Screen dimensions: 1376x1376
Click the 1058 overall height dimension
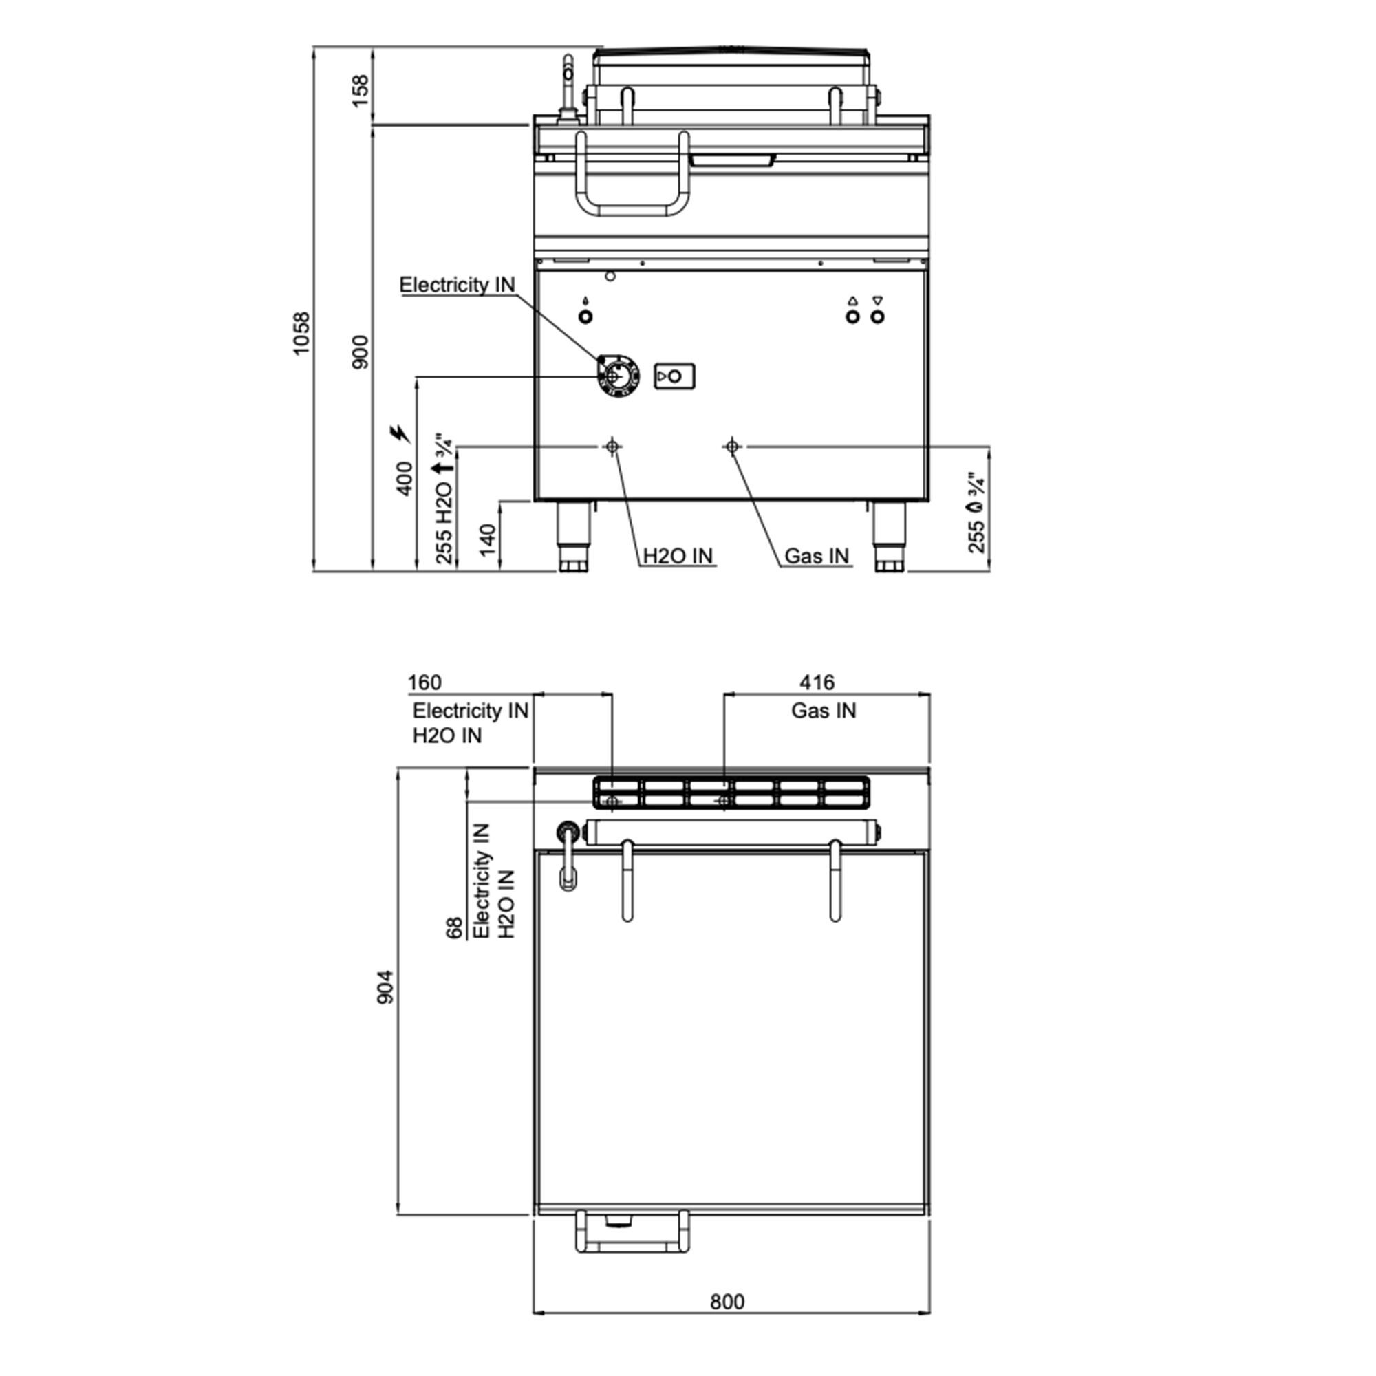[302, 332]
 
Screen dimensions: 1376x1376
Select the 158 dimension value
[361, 90]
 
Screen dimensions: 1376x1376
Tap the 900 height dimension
[361, 351]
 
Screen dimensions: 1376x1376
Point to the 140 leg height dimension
[487, 541]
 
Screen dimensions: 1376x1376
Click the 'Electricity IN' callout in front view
[457, 285]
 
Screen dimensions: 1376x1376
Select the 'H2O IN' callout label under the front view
[678, 556]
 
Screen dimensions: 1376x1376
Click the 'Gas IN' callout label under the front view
[817, 556]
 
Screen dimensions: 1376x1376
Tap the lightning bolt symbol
[400, 433]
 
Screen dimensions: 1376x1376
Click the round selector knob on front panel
[616, 376]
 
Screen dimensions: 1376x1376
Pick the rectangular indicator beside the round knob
[674, 376]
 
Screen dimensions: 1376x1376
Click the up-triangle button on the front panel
[852, 316]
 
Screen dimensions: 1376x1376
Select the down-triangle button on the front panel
[877, 316]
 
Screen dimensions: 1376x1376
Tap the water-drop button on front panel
[585, 316]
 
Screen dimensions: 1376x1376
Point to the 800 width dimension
[727, 1302]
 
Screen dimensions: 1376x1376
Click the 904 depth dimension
[385, 987]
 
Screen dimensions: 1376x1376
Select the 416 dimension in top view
[816, 682]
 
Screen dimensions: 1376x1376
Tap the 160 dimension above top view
[424, 682]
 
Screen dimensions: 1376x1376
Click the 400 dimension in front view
[404, 479]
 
